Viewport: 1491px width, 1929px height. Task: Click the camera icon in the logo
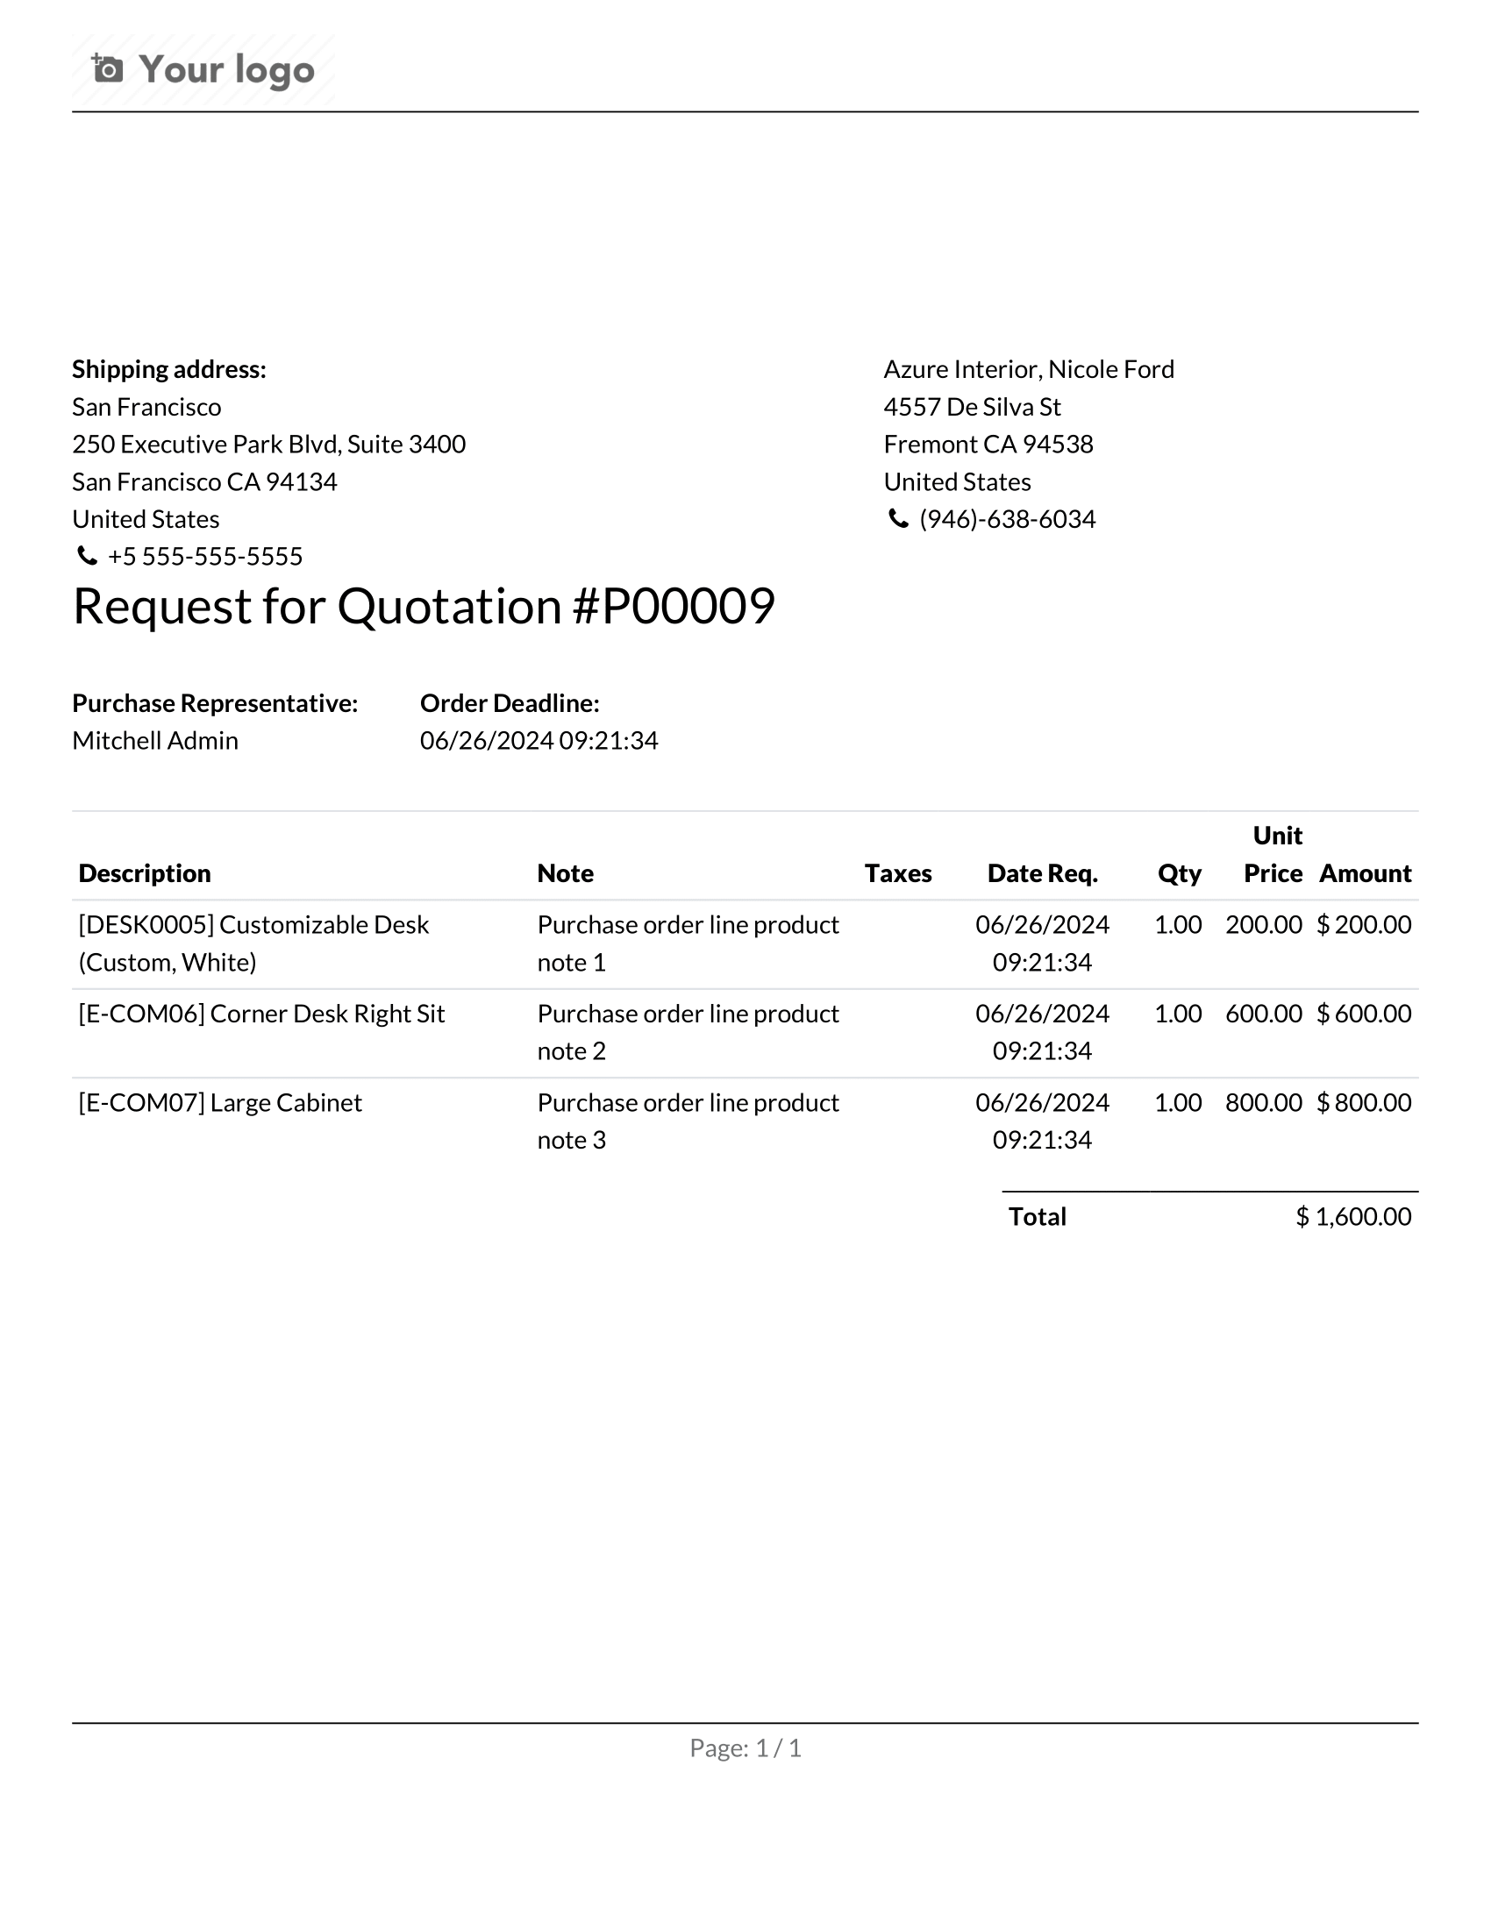(108, 68)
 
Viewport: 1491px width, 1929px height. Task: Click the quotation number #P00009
(674, 607)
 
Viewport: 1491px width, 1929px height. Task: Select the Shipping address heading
(168, 369)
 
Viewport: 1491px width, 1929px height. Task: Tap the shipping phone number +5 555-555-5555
(205, 557)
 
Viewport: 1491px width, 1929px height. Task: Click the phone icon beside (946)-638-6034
(897, 519)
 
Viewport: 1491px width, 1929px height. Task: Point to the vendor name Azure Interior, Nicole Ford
(1028, 369)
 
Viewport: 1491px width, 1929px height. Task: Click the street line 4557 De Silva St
(972, 407)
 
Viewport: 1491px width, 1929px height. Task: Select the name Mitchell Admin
(154, 740)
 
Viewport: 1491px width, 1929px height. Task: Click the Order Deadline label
(510, 703)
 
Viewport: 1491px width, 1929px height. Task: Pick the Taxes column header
(897, 873)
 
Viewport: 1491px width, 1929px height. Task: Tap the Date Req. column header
(1042, 873)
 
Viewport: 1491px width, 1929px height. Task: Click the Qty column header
(1178, 873)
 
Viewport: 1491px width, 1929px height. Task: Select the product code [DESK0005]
(146, 925)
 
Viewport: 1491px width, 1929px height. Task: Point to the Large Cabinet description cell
(220, 1103)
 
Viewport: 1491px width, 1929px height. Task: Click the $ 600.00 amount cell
(1363, 1014)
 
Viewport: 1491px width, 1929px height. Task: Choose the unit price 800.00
(1263, 1103)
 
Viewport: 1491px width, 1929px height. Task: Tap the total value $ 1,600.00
(1352, 1217)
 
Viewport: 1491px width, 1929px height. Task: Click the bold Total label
(1037, 1217)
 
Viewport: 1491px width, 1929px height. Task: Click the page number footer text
(745, 1747)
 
